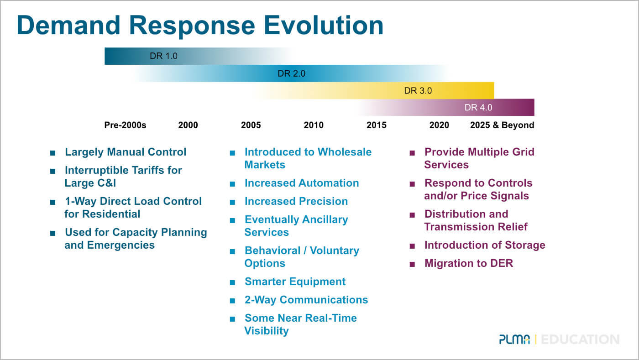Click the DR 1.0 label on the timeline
click(x=163, y=56)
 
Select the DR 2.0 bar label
click(x=291, y=73)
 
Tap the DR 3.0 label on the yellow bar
click(x=418, y=91)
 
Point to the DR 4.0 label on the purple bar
click(x=478, y=108)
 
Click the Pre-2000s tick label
click(x=125, y=125)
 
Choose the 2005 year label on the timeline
click(x=251, y=125)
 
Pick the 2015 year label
click(x=376, y=125)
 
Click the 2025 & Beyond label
click(x=502, y=125)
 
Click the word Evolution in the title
click(x=324, y=26)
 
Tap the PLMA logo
click(x=514, y=339)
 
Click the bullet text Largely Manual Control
click(x=126, y=152)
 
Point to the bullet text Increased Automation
click(x=302, y=183)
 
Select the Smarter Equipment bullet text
click(x=295, y=282)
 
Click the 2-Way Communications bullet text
click(x=306, y=300)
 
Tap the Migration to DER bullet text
click(x=469, y=263)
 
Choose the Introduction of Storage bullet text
click(x=485, y=245)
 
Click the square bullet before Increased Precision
click(x=233, y=202)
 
